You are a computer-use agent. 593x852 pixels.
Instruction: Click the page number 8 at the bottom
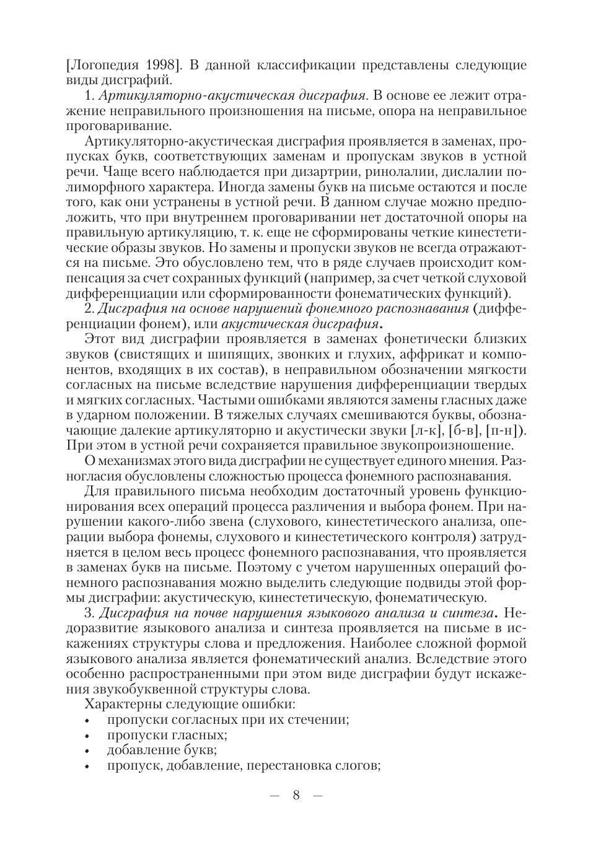296,795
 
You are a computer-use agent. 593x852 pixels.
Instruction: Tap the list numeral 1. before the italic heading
88,96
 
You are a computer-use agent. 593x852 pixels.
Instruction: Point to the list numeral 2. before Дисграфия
89,308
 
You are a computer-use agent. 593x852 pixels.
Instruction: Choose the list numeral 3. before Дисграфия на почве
89,613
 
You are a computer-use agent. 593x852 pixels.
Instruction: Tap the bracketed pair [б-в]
466,430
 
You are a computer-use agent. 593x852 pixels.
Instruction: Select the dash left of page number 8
275,795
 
